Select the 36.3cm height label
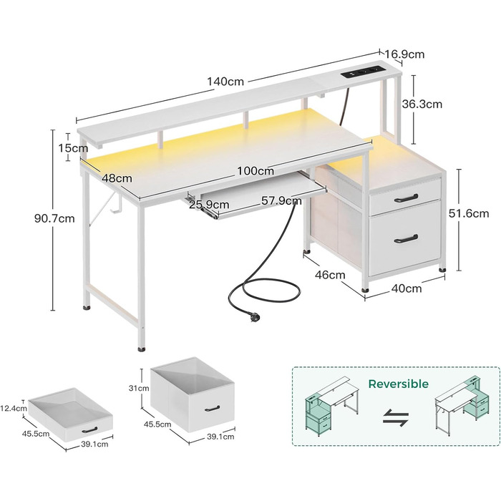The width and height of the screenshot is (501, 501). pos(422,104)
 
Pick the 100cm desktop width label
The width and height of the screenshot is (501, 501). pos(256,171)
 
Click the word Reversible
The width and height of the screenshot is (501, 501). pos(398,384)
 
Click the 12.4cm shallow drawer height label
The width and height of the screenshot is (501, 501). pos(15,409)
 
